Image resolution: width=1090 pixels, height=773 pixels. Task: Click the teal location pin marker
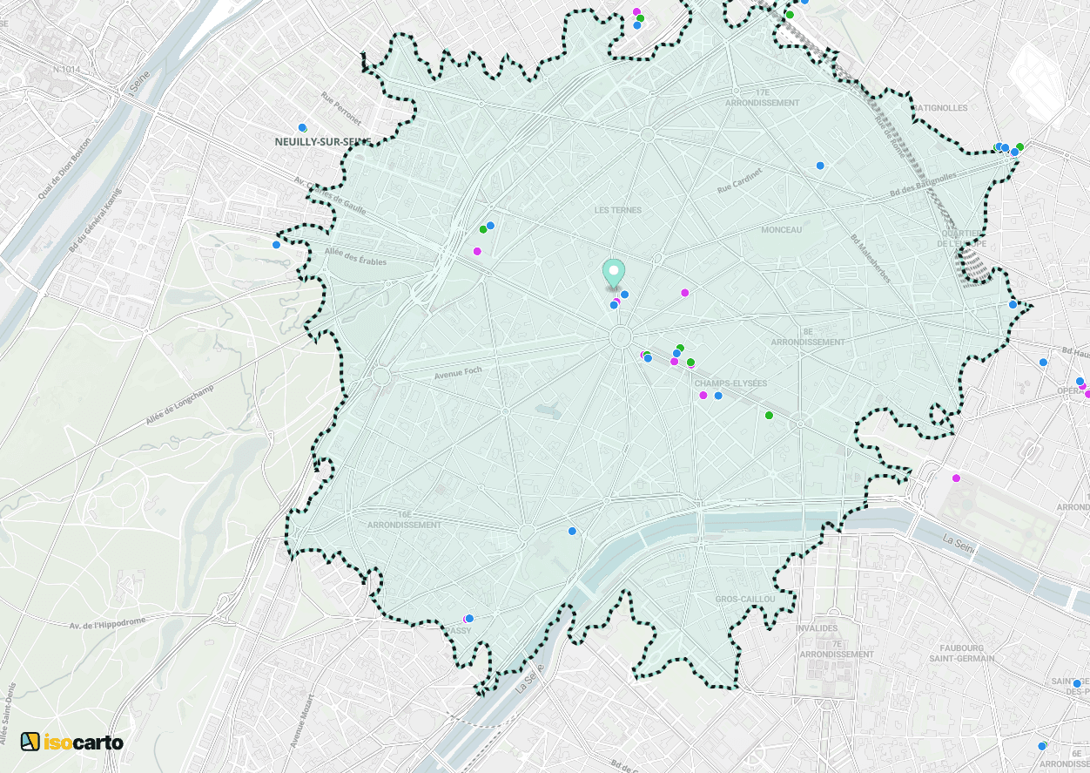[614, 273]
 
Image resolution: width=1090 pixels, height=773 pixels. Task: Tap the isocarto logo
[72, 742]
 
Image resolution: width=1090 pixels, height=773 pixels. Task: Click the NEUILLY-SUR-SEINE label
[323, 142]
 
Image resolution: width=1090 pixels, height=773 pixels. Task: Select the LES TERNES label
[618, 210]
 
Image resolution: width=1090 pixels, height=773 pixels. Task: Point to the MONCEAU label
[781, 230]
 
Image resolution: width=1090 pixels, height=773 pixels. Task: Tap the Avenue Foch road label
[458, 374]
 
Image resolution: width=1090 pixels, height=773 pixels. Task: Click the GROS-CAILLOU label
[744, 600]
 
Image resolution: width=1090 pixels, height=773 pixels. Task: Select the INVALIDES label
[817, 628]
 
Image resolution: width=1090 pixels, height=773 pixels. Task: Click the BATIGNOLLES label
[940, 108]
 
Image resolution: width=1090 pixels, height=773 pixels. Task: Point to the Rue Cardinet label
[739, 181]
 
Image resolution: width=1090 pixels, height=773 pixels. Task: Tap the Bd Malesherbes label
[871, 258]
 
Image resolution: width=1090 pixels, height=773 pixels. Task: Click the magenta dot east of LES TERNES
[685, 293]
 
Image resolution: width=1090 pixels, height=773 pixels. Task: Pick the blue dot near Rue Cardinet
[820, 166]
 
